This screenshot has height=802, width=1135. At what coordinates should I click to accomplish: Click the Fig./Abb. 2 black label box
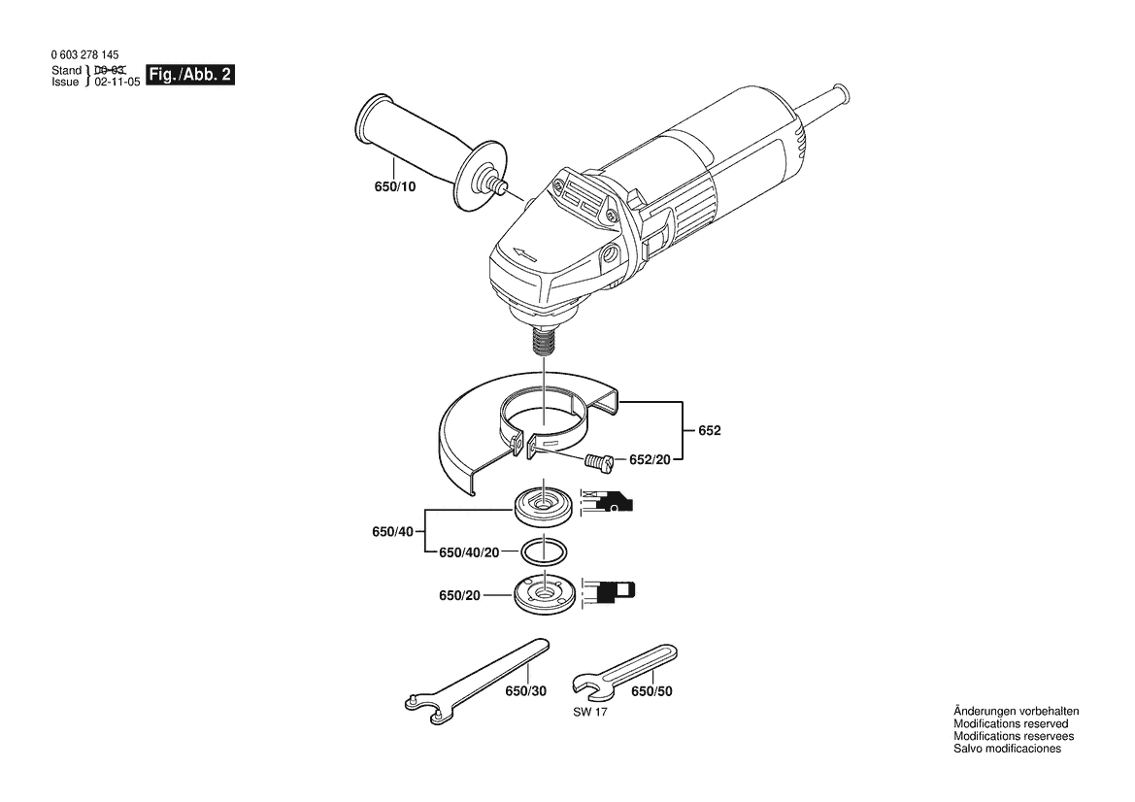[x=190, y=75]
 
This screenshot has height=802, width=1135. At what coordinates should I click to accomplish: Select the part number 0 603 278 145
[x=85, y=55]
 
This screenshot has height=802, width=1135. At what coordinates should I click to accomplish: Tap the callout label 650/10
[x=395, y=186]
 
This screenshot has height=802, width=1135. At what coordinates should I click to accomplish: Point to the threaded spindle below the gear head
[x=543, y=338]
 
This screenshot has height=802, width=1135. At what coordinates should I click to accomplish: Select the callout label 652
[x=710, y=431]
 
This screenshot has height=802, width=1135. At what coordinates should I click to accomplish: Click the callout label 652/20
[x=650, y=459]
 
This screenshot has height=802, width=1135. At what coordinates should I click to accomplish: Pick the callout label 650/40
[x=393, y=532]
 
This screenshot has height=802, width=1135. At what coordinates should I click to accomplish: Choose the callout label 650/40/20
[x=469, y=552]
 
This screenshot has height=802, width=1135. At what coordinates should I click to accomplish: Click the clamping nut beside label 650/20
[x=544, y=593]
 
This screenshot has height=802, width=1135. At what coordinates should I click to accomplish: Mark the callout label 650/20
[x=459, y=596]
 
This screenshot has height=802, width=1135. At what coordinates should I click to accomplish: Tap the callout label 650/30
[x=526, y=691]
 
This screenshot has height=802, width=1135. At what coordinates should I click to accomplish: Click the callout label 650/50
[x=651, y=691]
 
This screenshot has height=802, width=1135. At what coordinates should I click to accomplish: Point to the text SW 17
[x=590, y=713]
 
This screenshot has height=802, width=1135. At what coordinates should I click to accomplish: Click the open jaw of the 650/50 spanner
[x=587, y=686]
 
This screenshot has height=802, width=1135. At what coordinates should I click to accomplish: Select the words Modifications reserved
[x=1012, y=723]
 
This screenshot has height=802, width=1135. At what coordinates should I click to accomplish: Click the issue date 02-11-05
[x=117, y=83]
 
